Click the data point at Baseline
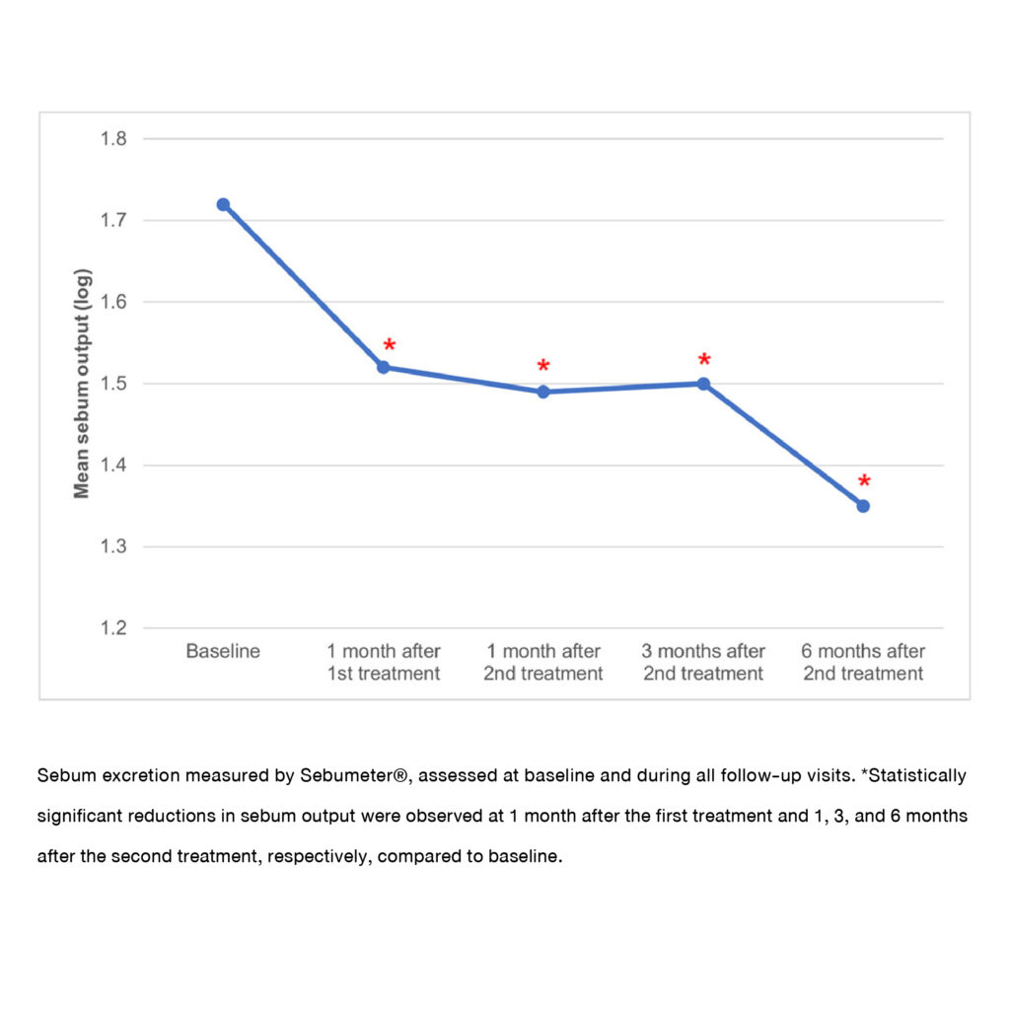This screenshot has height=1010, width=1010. (x=223, y=204)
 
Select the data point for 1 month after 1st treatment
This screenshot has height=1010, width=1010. (x=384, y=367)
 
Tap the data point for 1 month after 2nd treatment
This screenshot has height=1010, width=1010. (x=543, y=392)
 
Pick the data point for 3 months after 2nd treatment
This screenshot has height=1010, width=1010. (x=703, y=384)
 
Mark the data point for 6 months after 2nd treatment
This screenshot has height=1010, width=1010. (x=863, y=506)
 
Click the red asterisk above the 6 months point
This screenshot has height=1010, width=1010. (x=864, y=482)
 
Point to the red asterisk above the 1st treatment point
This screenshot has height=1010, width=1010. (x=390, y=346)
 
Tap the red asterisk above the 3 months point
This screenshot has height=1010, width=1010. (x=704, y=360)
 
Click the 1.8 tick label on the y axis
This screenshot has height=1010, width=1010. (x=113, y=138)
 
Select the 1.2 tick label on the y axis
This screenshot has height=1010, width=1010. (x=113, y=628)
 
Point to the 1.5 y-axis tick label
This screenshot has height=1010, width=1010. (x=113, y=384)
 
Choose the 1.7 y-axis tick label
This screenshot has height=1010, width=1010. (x=113, y=220)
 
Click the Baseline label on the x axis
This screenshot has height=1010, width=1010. (x=223, y=652)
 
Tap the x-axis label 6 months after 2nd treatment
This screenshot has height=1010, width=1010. (x=863, y=663)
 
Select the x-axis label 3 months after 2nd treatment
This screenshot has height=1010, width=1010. (x=703, y=663)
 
